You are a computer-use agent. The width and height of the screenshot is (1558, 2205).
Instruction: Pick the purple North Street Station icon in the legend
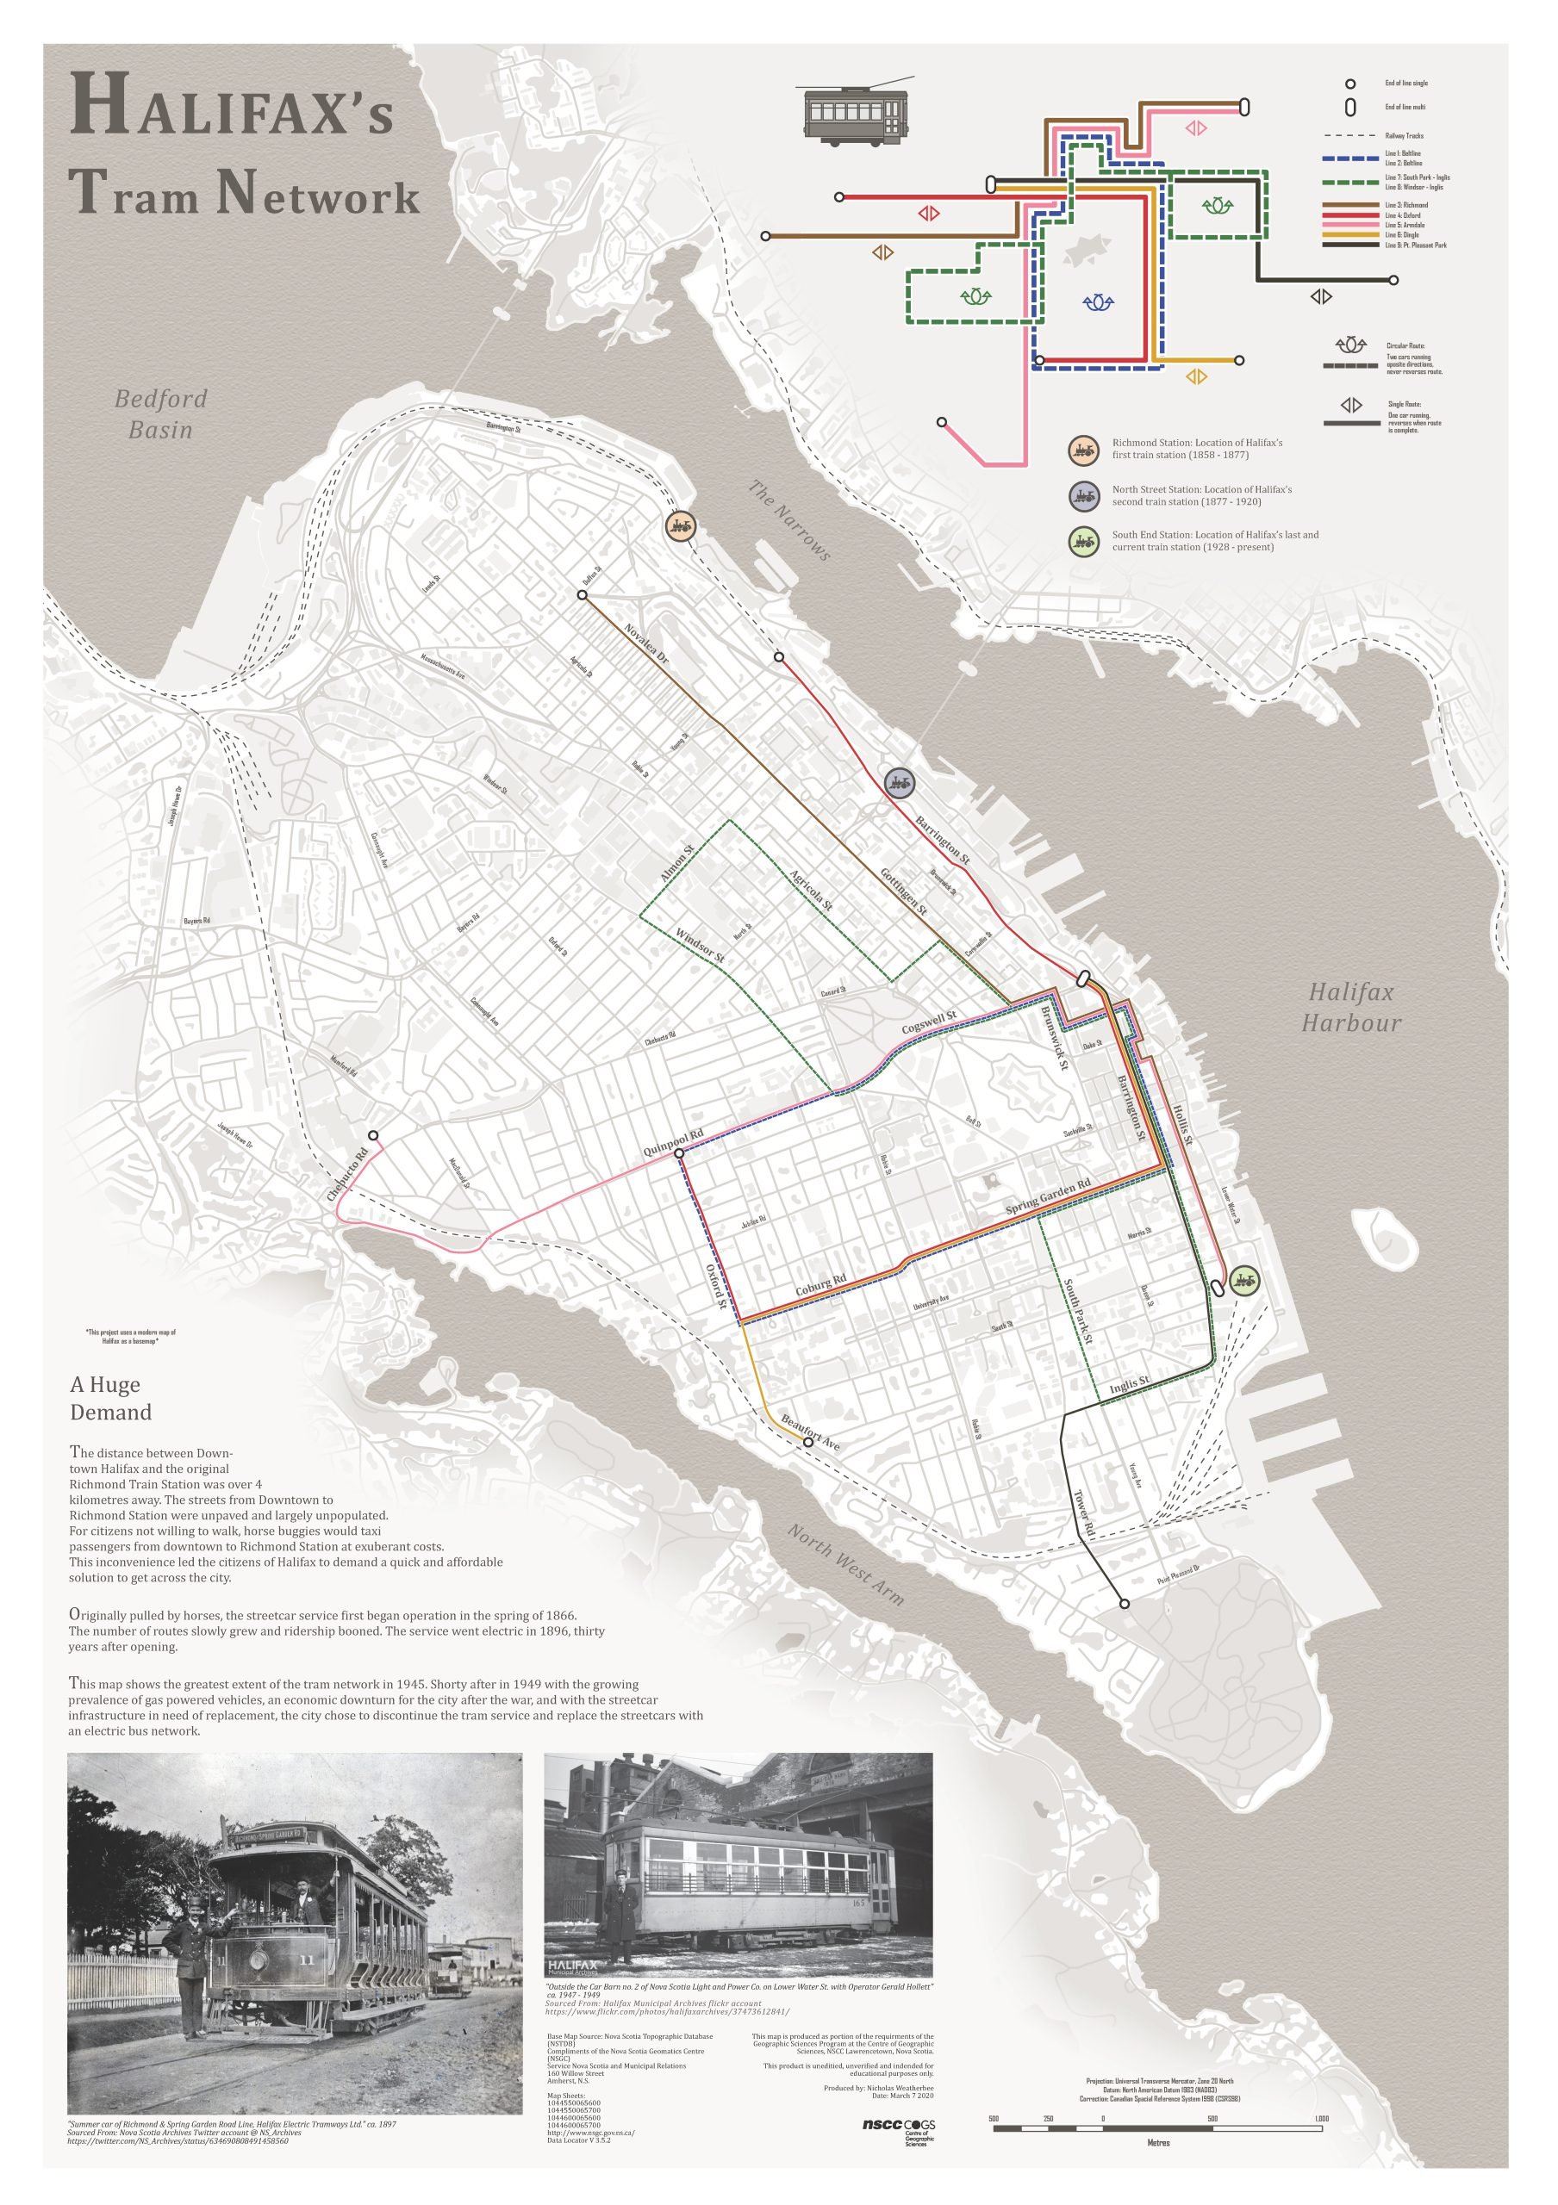tap(1083, 495)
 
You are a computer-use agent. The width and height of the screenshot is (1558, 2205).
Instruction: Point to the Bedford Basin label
tap(160, 414)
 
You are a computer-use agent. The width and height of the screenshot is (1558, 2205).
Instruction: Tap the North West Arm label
tap(845, 1564)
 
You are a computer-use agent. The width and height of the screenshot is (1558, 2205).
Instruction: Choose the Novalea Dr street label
tap(645, 645)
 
